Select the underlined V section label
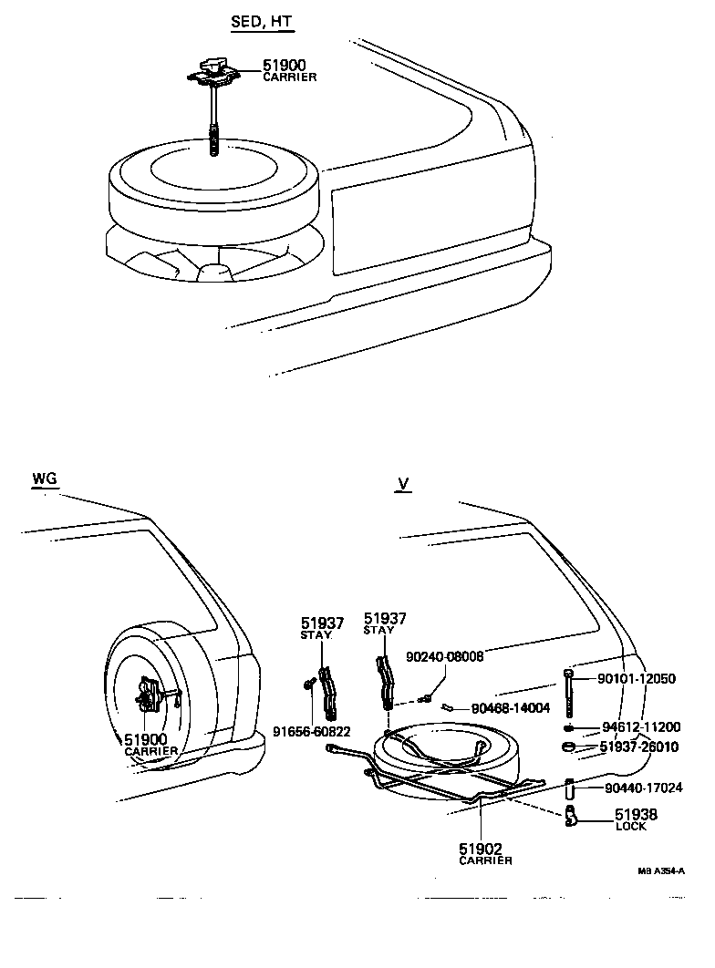[401, 484]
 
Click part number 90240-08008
[444, 655]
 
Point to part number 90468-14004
[510, 708]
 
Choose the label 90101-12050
[637, 678]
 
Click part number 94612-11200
[641, 727]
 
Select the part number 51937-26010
[641, 747]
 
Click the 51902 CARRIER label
[484, 853]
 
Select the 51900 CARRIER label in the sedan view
[289, 70]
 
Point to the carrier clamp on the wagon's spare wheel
[149, 699]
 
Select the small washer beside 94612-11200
[568, 728]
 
